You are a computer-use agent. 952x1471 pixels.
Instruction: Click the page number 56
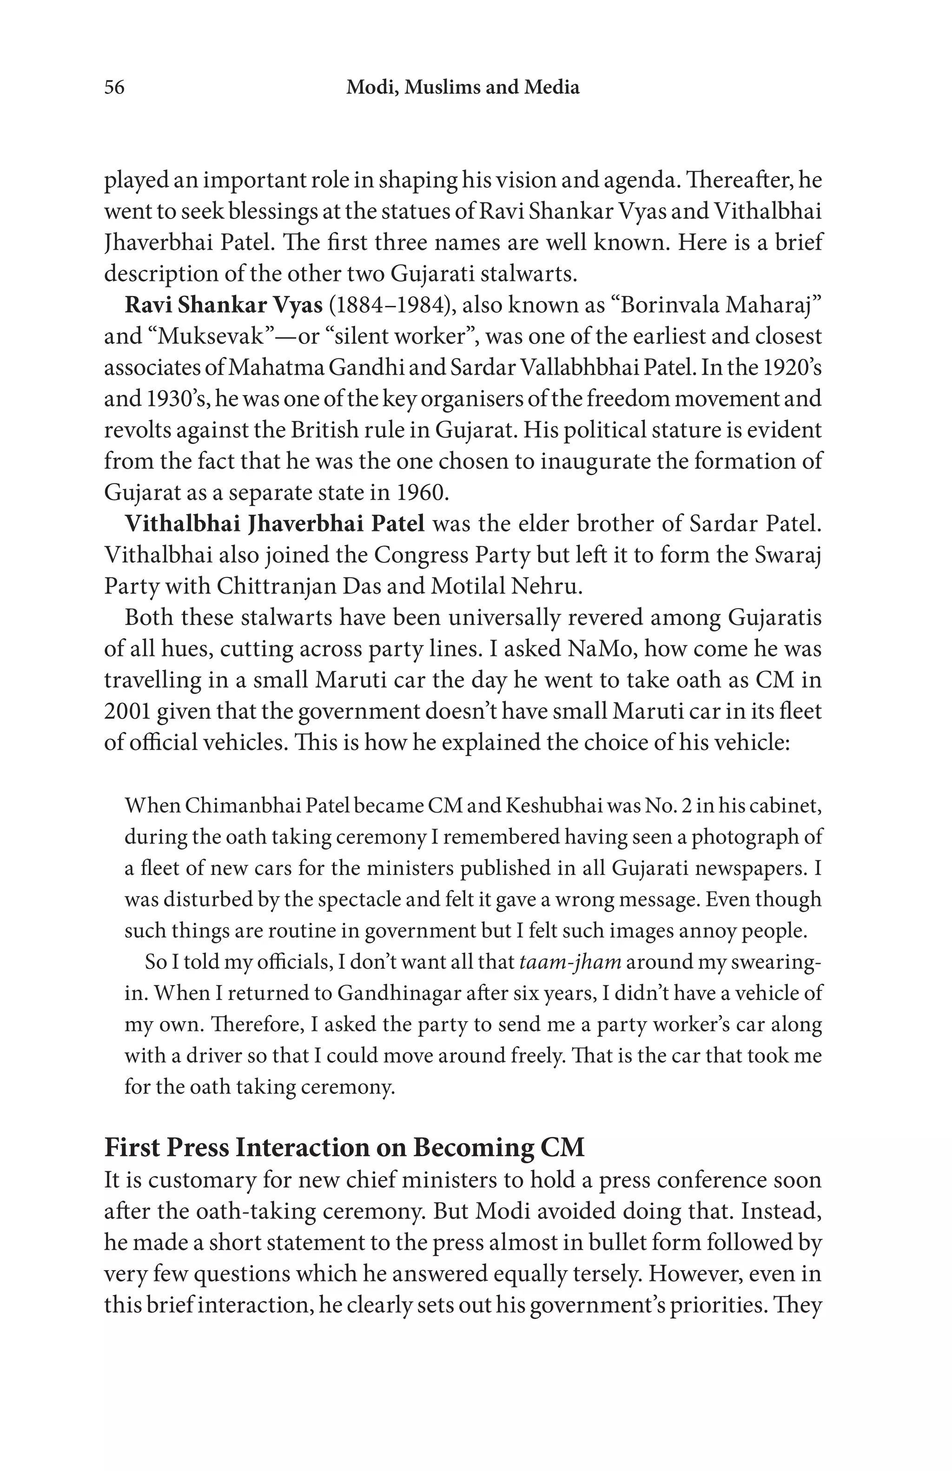pyautogui.click(x=114, y=87)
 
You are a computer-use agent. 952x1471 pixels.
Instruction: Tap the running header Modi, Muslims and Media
pyautogui.click(x=463, y=87)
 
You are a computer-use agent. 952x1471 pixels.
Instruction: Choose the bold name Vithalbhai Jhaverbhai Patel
pyautogui.click(x=275, y=523)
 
